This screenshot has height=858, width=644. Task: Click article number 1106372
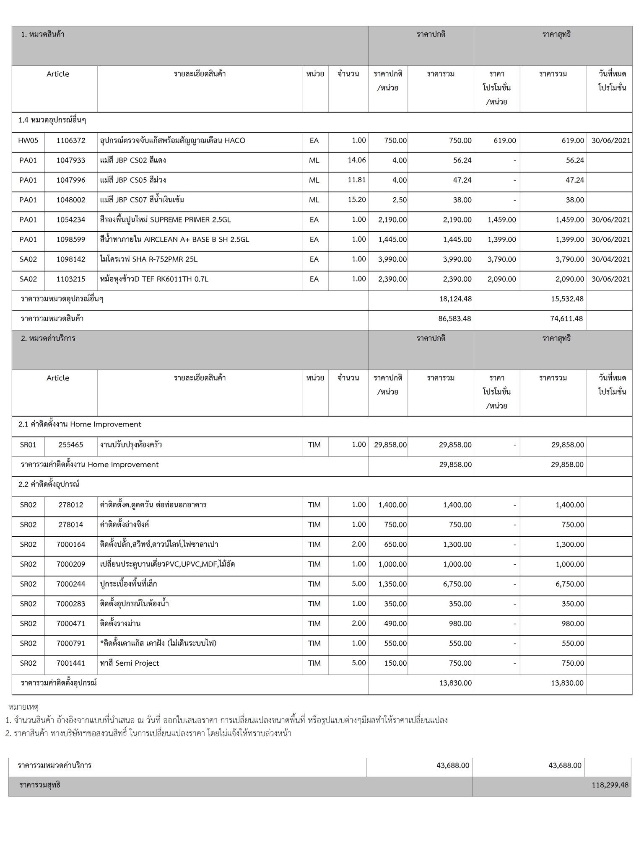click(x=71, y=141)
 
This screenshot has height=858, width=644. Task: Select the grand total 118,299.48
click(x=610, y=785)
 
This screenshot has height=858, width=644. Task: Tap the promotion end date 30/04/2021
click(x=610, y=259)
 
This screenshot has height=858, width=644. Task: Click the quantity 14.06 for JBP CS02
click(x=356, y=160)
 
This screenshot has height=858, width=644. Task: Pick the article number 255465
click(x=71, y=445)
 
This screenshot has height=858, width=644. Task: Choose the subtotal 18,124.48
click(x=455, y=299)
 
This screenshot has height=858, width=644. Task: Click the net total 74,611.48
click(x=566, y=319)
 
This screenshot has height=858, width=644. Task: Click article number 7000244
click(x=71, y=584)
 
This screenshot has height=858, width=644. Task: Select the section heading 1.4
click(x=52, y=120)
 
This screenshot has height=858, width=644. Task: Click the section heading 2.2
click(x=49, y=484)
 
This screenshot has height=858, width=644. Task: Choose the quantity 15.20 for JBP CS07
click(x=356, y=200)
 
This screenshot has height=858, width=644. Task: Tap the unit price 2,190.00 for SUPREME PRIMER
click(x=392, y=220)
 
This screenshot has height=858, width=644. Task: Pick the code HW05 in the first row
click(x=28, y=141)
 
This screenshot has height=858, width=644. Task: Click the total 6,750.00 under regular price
click(x=457, y=584)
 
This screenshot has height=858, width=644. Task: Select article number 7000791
click(x=71, y=643)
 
